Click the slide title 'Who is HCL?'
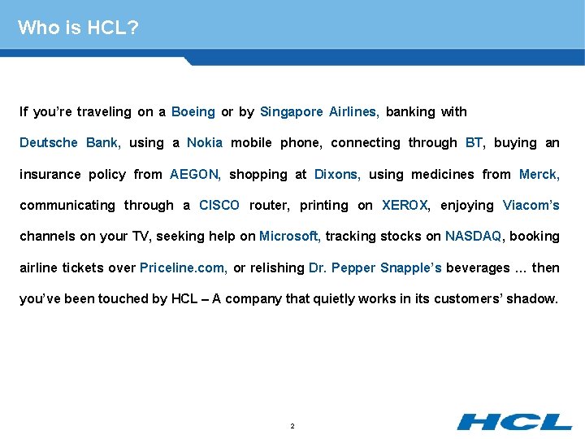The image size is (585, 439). [x=78, y=28]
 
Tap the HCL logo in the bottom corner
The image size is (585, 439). [x=513, y=421]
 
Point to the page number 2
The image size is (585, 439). [x=292, y=426]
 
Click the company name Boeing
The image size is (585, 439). [x=193, y=111]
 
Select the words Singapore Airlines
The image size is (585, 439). [x=319, y=111]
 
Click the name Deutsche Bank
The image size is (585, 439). [x=71, y=143]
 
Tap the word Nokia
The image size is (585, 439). [x=205, y=143]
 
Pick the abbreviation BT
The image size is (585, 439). [x=474, y=143]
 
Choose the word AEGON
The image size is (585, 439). [x=195, y=174]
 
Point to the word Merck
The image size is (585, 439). [x=539, y=174]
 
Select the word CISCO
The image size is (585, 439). [x=219, y=206]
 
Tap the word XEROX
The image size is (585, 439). [x=405, y=206]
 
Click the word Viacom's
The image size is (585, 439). [x=531, y=206]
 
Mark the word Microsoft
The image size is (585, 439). [x=290, y=237]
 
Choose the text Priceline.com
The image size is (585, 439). [x=183, y=268]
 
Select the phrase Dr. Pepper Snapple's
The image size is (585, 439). [x=375, y=268]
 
